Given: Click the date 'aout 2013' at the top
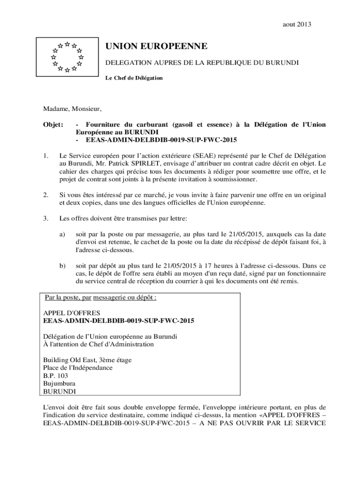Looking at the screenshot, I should [297, 24].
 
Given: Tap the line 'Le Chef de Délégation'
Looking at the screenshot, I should [134, 78].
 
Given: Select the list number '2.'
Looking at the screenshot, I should [46, 195].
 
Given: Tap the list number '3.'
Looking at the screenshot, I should [46, 218].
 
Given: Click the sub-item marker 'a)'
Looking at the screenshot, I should [62, 233].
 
